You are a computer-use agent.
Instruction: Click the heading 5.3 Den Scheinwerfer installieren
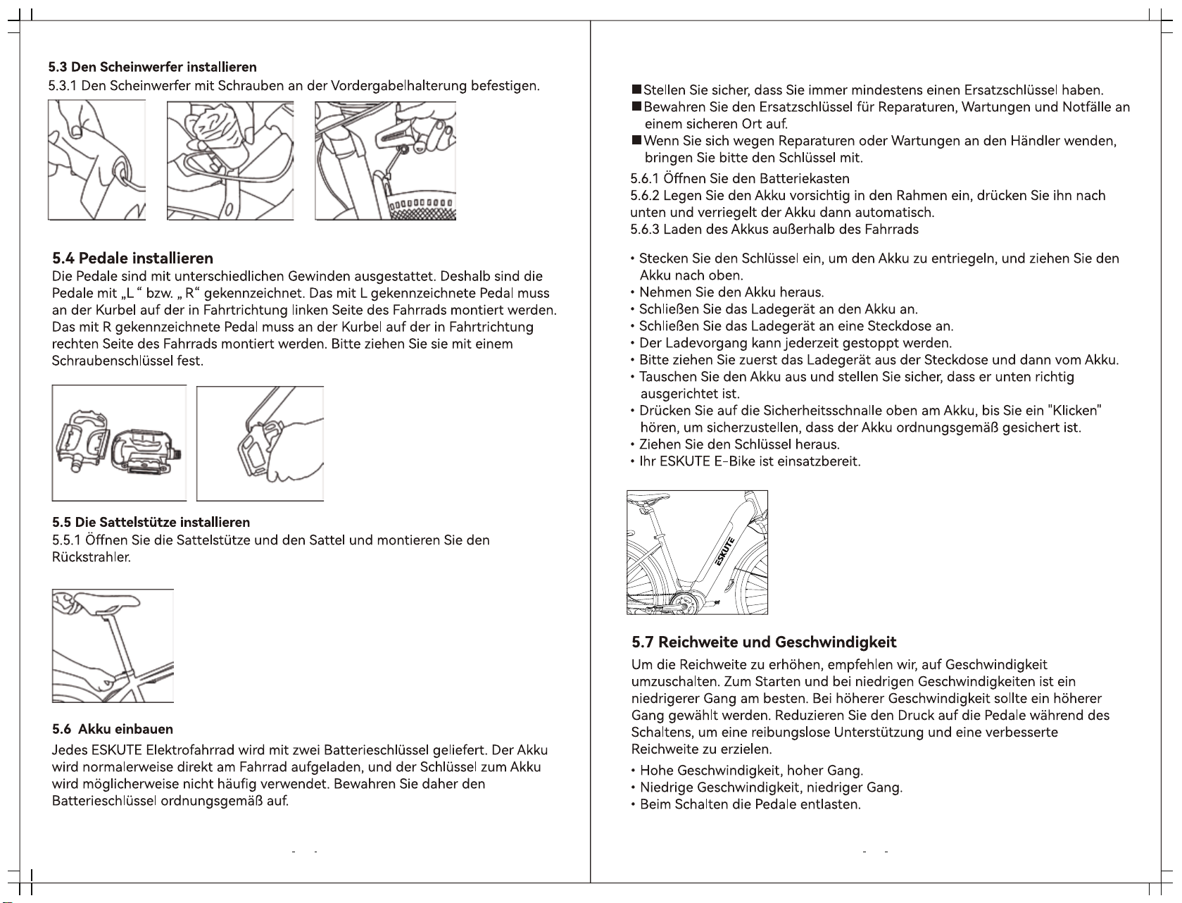coord(152,68)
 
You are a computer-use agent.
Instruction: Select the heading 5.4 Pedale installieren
coord(133,258)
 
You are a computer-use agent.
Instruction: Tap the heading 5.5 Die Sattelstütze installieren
coord(151,522)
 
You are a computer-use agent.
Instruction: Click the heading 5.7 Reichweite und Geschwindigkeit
coord(764,642)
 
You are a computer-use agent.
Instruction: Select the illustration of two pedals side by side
coord(119,443)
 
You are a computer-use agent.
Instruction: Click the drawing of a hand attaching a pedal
coord(260,443)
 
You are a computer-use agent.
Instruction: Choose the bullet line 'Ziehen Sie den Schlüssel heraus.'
coord(739,444)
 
